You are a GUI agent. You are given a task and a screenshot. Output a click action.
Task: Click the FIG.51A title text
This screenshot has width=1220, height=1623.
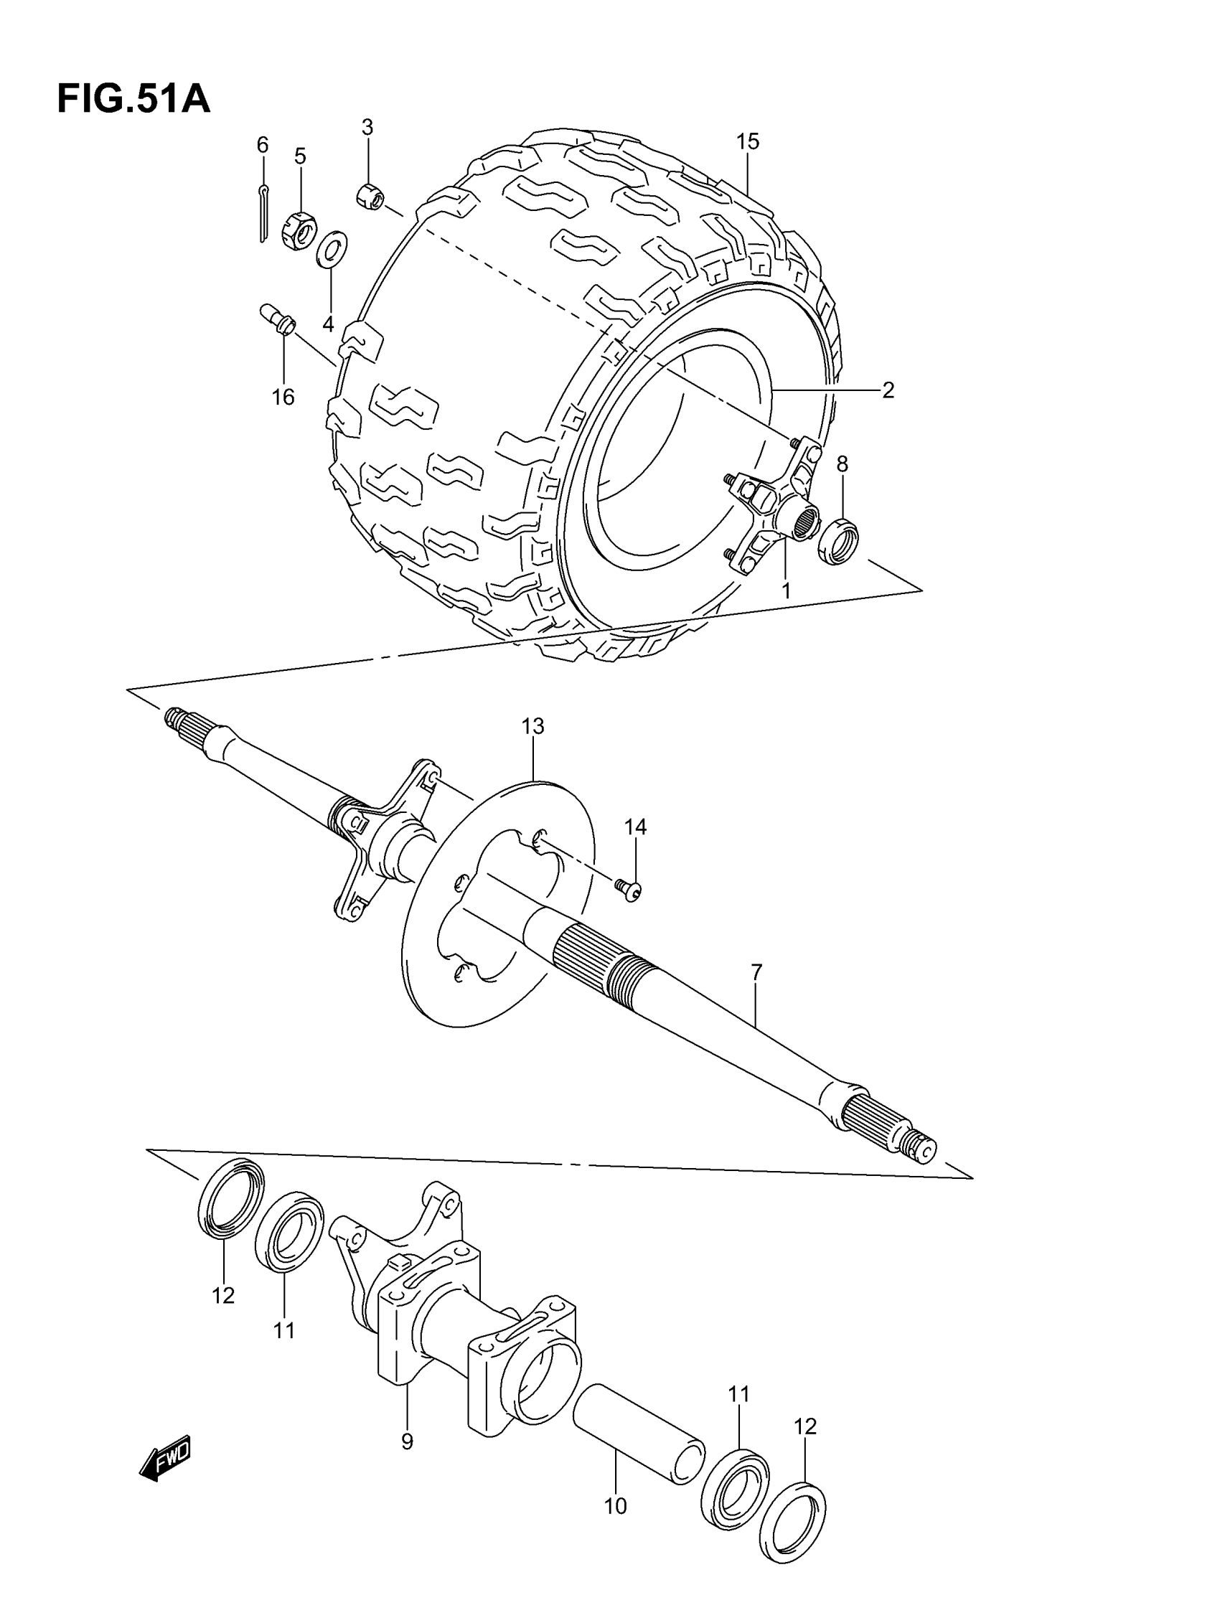pyautogui.click(x=133, y=100)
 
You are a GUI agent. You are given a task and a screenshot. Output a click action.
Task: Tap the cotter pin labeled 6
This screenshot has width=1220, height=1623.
pyautogui.click(x=263, y=213)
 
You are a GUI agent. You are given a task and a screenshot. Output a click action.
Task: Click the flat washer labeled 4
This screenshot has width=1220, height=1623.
pyautogui.click(x=332, y=250)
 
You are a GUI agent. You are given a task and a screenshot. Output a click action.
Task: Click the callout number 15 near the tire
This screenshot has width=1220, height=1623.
pyautogui.click(x=747, y=141)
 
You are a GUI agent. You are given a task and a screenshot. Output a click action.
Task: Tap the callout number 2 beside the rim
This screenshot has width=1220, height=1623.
pyautogui.click(x=888, y=390)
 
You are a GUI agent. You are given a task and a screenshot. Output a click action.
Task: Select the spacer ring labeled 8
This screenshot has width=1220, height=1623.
pyautogui.click(x=838, y=542)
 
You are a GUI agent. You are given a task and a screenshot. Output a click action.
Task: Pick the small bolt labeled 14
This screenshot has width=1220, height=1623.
pyautogui.click(x=630, y=889)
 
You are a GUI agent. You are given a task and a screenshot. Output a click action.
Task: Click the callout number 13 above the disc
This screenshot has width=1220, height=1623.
pyautogui.click(x=532, y=726)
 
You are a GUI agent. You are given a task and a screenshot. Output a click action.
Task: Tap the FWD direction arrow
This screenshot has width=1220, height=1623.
pyautogui.click(x=166, y=1456)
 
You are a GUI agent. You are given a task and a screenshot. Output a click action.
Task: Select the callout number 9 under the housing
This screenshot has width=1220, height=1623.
pyautogui.click(x=407, y=1441)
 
